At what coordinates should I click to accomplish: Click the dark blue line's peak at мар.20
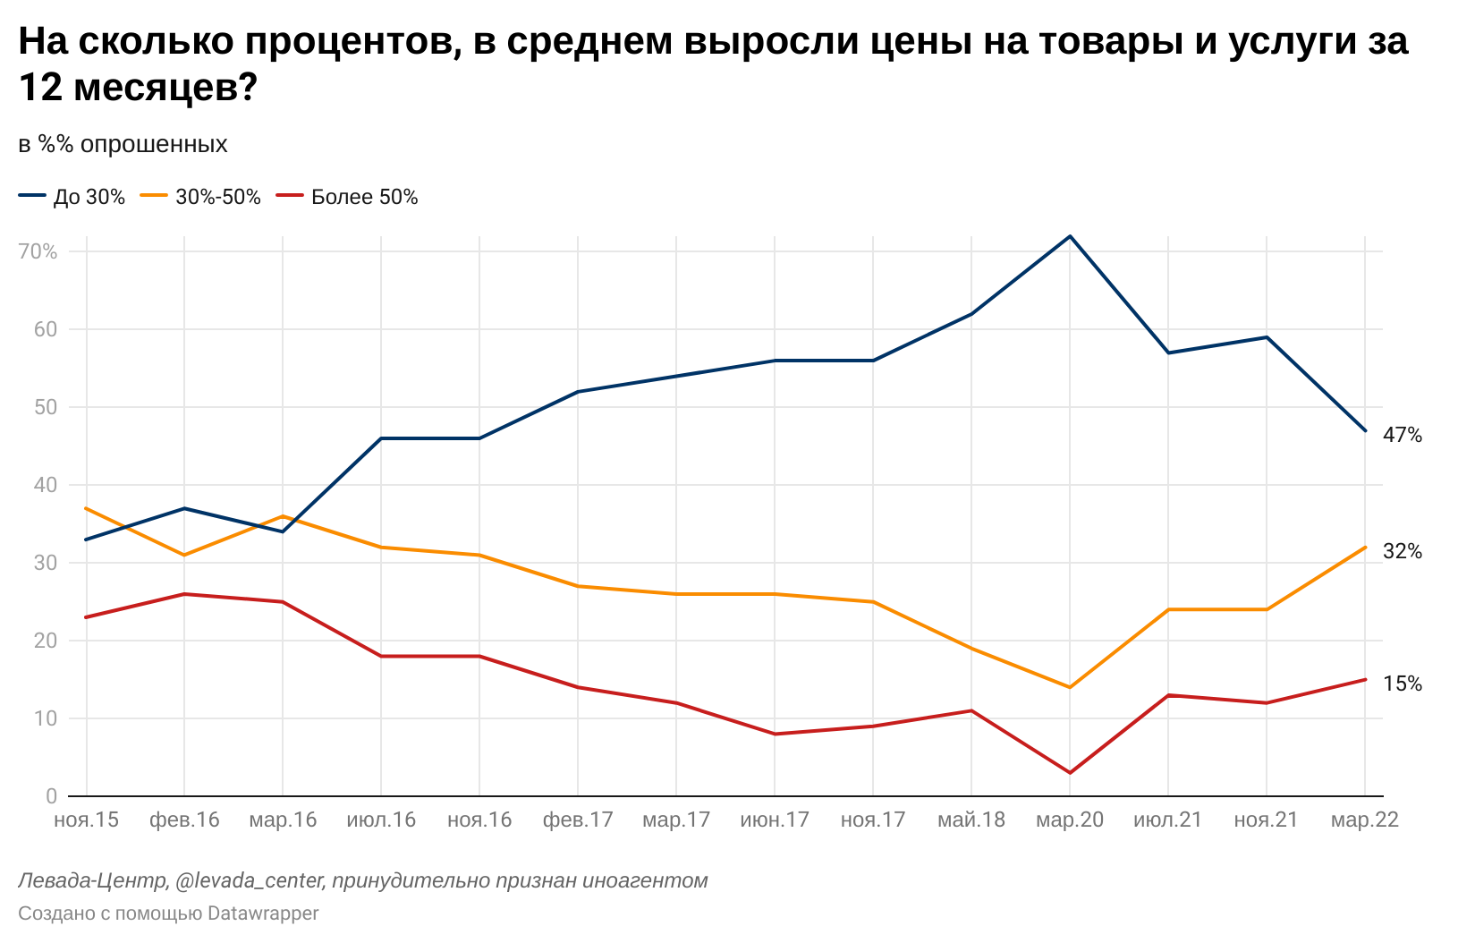click(1070, 236)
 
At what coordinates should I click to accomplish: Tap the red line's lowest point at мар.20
click(1070, 773)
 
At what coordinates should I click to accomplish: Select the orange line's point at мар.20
click(1070, 687)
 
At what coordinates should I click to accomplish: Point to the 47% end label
click(1402, 435)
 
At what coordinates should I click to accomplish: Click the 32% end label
click(1402, 551)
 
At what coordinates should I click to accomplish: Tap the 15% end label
click(1402, 684)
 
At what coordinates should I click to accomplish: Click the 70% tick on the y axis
click(38, 251)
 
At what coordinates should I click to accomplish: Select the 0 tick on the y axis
click(51, 796)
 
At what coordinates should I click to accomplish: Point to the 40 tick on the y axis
click(46, 485)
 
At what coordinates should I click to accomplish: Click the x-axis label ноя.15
click(86, 820)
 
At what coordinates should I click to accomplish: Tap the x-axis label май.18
click(971, 820)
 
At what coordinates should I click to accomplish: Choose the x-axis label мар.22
click(1365, 820)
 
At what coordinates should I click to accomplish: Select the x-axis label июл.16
click(381, 820)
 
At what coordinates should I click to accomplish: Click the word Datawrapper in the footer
click(263, 913)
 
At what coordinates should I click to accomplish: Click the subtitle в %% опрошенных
click(123, 144)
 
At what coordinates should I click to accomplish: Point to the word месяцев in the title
click(157, 88)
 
